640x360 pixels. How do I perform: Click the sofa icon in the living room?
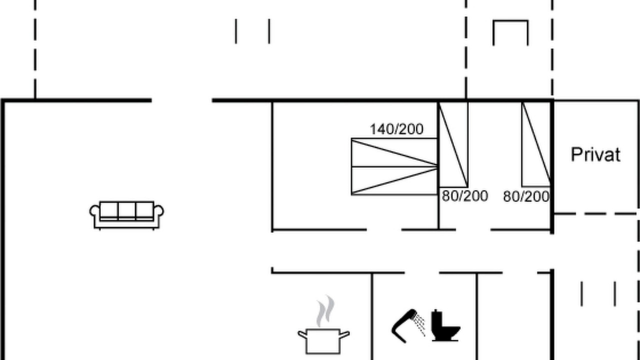pos(126,215)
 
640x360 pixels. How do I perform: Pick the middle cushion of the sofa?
pos(127,211)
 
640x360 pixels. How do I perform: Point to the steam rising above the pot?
pos(325,311)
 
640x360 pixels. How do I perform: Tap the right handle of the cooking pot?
pos(344,334)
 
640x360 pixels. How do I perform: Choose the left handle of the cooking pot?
pos(302,334)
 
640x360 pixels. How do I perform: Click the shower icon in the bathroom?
pos(408,325)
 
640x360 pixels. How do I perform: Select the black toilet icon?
pos(445,325)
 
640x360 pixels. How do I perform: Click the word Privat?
pos(595,154)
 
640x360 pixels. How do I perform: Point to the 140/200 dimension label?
pos(396,129)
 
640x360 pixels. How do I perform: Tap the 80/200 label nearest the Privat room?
pos(526,196)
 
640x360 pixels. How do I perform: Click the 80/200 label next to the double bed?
pos(465,196)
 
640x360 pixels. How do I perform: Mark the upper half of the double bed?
pos(394,152)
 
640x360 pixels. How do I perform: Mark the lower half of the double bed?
pos(394,180)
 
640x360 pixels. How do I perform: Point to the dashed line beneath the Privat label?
pos(595,213)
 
